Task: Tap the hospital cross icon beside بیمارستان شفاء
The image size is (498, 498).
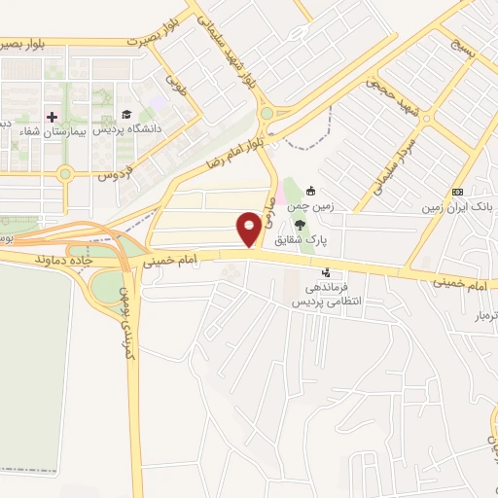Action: pos(52,117)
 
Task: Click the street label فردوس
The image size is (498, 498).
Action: pos(114,177)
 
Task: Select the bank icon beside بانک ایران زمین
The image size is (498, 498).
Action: pos(457,192)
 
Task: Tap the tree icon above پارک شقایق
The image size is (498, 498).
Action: pos(311,224)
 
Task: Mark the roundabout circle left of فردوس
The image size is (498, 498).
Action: pos(65,175)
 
